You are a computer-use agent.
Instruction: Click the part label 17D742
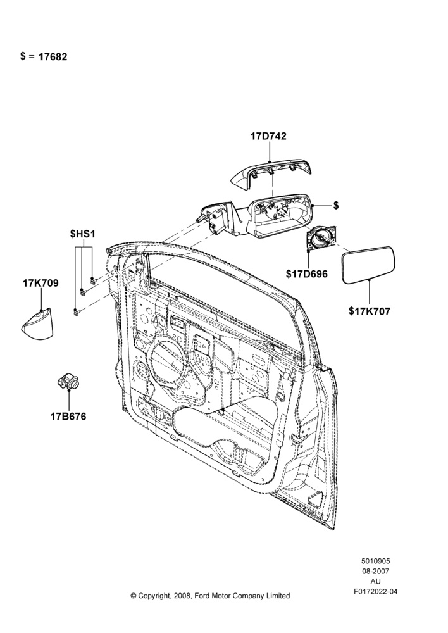pos(268,137)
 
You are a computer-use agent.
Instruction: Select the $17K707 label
pos(370,311)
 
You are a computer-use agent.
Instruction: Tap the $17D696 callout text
pos(307,274)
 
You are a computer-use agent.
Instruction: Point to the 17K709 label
pos(40,284)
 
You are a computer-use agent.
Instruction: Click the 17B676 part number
pos(68,417)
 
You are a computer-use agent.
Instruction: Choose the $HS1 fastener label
pos(82,234)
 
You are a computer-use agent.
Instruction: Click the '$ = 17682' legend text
pos(44,56)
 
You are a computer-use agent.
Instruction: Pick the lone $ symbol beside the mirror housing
pos(336,206)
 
